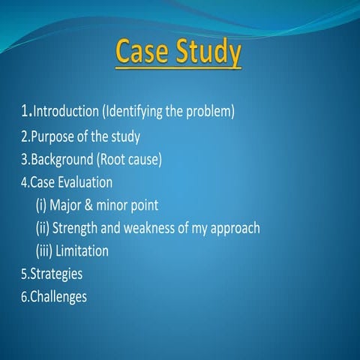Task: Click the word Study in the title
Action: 207,55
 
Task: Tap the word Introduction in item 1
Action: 66,112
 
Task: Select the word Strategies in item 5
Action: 57,274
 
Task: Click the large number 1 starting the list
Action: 25,112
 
